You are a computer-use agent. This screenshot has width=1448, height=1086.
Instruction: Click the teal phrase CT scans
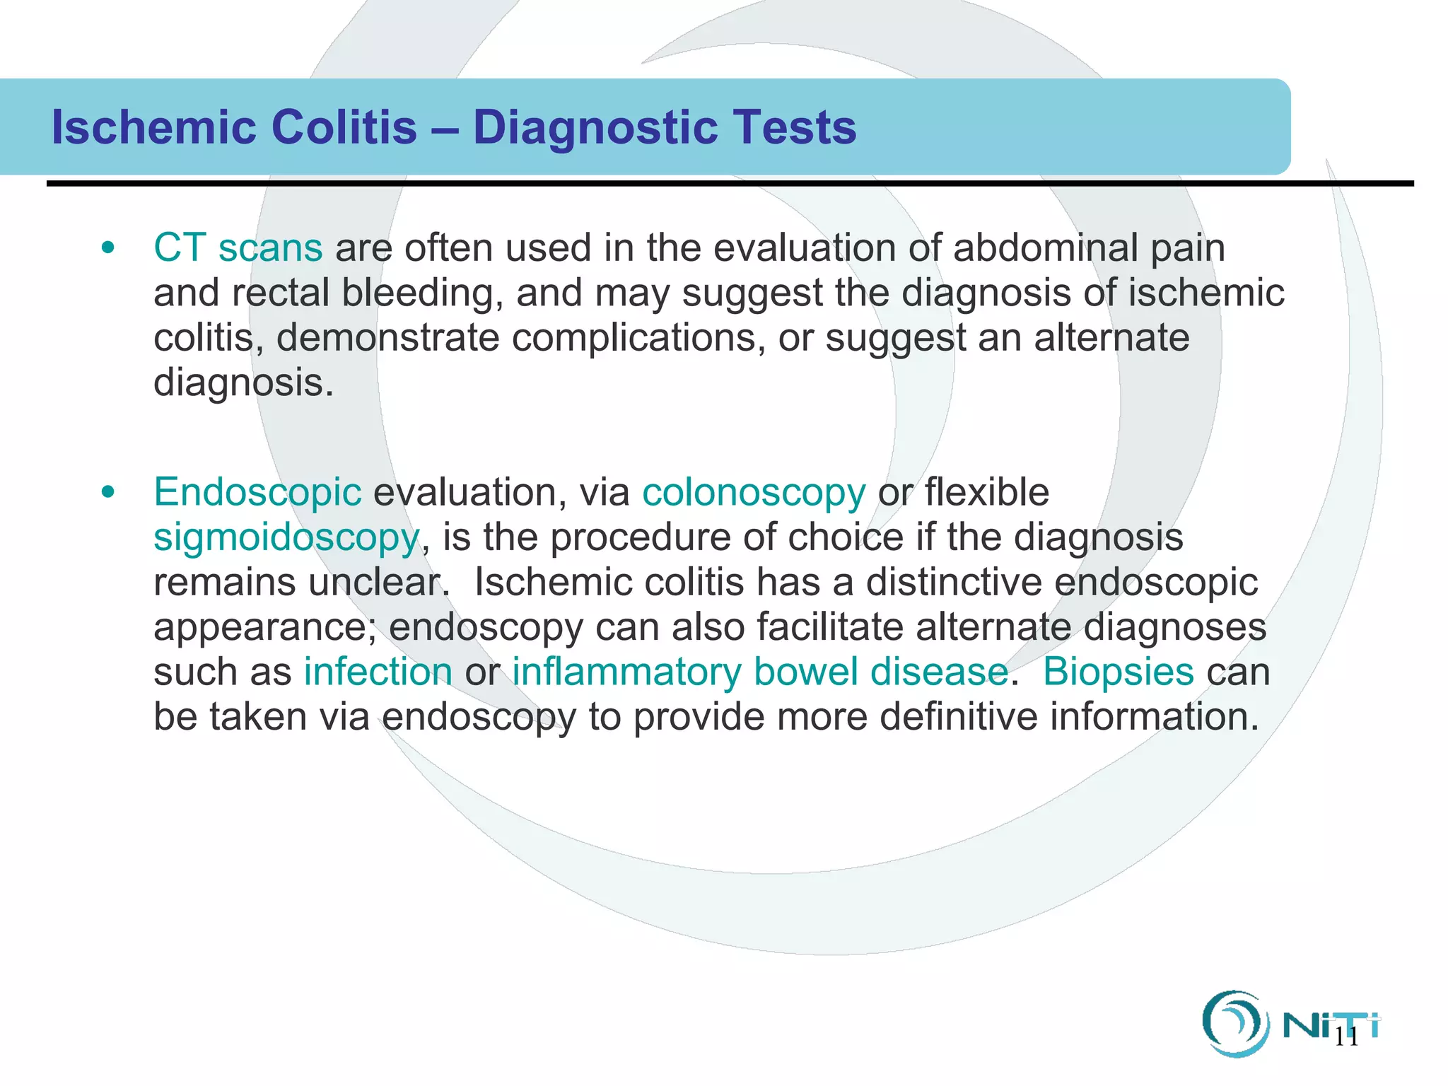pyautogui.click(x=238, y=248)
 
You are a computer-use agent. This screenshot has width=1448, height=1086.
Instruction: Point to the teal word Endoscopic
pyautogui.click(x=257, y=492)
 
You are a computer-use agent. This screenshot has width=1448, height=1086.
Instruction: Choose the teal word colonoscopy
pyautogui.click(x=753, y=493)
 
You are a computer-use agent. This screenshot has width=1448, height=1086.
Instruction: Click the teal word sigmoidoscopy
pyautogui.click(x=286, y=537)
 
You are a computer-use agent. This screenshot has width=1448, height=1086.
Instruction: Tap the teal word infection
pyautogui.click(x=378, y=672)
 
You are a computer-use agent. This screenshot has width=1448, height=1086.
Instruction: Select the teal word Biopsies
pyautogui.click(x=1118, y=672)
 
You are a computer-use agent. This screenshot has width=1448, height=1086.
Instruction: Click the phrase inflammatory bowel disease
pyautogui.click(x=759, y=672)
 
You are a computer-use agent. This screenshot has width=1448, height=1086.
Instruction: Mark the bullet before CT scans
pyautogui.click(x=107, y=248)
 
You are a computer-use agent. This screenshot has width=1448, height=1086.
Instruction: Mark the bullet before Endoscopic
pyautogui.click(x=107, y=492)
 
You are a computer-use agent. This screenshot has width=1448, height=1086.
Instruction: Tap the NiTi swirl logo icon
pyautogui.click(x=1231, y=1023)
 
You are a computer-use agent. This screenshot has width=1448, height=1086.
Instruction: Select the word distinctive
pyautogui.click(x=954, y=583)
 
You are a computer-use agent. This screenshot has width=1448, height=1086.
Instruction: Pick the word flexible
pyautogui.click(x=986, y=492)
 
